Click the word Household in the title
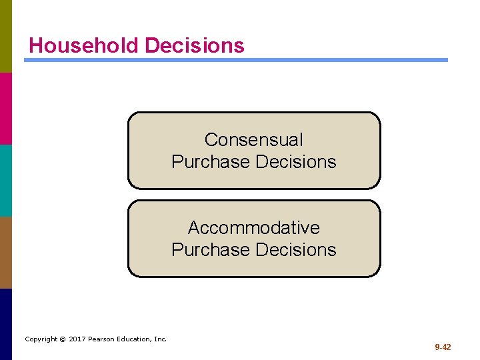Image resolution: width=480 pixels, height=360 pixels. pos(84,45)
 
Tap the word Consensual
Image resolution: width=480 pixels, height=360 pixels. pos(253,140)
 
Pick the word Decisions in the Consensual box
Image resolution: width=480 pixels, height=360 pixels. pos(296,162)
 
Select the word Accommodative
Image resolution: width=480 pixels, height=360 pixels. pos(253,228)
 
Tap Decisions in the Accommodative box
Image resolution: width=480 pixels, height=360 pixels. pos(296,250)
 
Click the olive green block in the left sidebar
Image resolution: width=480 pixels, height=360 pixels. pos(6,36)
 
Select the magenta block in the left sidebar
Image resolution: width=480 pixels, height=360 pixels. pos(6,108)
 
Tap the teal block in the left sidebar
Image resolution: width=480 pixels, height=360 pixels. pos(6,180)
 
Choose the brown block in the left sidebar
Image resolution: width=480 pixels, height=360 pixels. pos(6,252)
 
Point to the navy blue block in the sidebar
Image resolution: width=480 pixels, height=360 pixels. pos(6,324)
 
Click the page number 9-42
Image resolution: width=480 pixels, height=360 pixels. pos(443,347)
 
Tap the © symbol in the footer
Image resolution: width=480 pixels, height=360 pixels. pos(61,339)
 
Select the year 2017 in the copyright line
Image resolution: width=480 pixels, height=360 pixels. pos(77,339)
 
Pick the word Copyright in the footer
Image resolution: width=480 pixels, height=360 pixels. pos(41,339)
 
